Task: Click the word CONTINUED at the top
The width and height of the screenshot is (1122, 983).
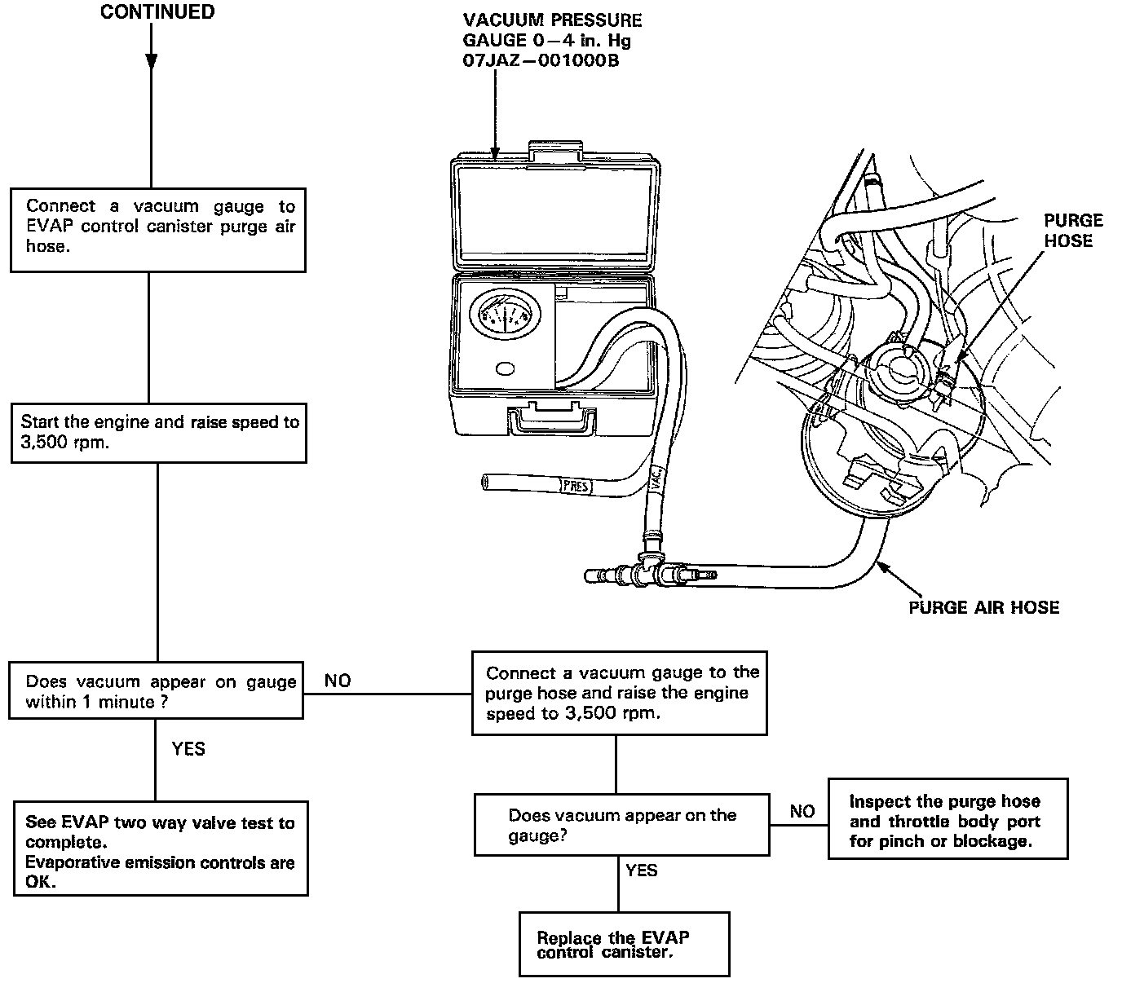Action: pos(157,12)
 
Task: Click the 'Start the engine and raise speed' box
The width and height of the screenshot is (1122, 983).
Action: pos(158,433)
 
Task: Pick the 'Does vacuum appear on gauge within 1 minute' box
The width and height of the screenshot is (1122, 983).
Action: pos(156,691)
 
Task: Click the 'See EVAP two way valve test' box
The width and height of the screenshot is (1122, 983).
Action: pos(161,849)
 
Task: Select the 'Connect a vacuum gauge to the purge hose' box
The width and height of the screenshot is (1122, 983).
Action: pos(620,693)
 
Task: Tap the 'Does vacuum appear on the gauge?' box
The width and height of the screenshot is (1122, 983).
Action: pos(621,825)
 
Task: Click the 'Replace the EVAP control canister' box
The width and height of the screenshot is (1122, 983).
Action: pos(624,945)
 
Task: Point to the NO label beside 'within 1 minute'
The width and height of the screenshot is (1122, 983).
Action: pos(338,681)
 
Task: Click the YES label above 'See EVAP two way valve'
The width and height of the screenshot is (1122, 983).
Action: pos(188,748)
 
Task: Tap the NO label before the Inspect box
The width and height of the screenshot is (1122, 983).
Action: pos(802,811)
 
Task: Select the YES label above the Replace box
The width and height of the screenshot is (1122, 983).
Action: pos(642,871)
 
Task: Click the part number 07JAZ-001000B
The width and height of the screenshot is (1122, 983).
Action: pos(541,60)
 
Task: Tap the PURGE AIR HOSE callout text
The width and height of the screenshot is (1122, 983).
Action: pos(983,607)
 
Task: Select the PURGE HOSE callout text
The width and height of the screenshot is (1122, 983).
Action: pos(1073,230)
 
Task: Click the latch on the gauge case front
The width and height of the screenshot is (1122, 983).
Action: pos(552,421)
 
